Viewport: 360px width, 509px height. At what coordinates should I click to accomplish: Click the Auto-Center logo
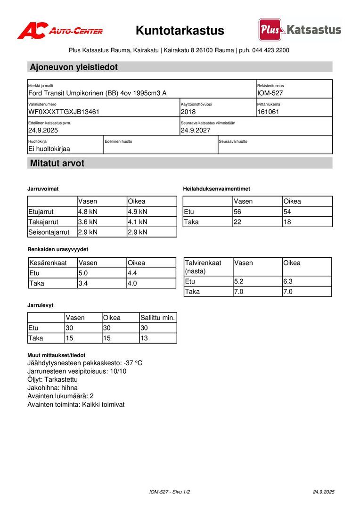60,31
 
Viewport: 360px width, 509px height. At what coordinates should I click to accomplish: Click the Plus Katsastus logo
300,30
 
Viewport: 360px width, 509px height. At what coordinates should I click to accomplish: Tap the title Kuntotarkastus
180,31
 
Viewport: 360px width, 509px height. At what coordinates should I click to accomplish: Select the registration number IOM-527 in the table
270,93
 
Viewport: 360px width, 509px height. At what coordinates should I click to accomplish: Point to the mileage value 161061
268,112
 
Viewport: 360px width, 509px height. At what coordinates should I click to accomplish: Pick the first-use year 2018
188,112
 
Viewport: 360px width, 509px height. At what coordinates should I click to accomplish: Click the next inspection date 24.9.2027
196,130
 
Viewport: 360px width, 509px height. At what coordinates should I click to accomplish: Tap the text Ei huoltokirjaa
49,148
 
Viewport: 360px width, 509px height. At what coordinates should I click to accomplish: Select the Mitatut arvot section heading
57,164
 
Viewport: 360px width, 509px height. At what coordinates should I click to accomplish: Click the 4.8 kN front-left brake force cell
88,212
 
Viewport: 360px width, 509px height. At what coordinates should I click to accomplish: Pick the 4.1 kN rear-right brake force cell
138,222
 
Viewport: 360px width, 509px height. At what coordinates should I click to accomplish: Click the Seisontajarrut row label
49,232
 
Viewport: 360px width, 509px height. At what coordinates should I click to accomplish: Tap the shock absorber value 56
237,212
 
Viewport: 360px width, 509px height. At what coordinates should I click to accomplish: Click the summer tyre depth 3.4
83,283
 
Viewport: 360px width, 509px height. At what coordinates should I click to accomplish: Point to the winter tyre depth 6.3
287,281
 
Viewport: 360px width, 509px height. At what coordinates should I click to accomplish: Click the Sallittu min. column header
158,318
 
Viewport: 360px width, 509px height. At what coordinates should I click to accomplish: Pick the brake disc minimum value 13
144,338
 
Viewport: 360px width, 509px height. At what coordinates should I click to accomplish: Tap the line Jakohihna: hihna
53,388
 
